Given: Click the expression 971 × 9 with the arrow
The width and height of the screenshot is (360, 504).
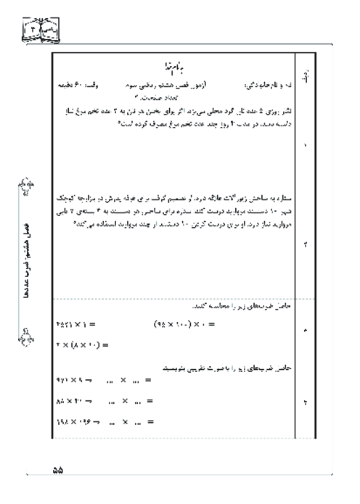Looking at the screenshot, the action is pyautogui.click(x=75, y=379).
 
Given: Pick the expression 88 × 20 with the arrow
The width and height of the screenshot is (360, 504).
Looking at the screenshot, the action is pyautogui.click(x=75, y=400).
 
